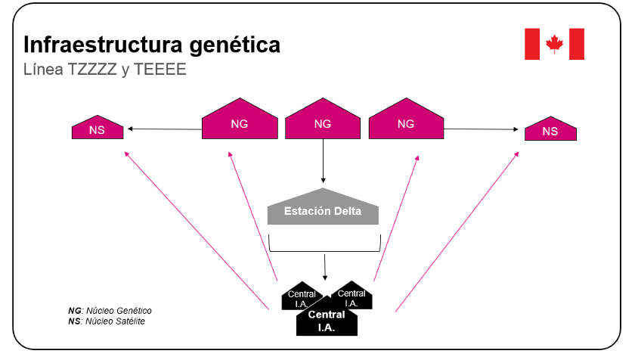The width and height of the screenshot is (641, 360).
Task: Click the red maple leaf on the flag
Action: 555,44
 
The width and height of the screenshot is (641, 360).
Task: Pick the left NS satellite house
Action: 98,129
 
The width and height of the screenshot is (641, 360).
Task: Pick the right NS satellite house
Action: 550,130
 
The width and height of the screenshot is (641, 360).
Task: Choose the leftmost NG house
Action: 239,122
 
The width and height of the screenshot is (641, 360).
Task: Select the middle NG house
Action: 322,122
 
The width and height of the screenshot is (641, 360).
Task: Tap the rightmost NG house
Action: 405,122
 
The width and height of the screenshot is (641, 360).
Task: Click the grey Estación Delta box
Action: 323,211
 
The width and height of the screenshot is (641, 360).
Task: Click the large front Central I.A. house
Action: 327,320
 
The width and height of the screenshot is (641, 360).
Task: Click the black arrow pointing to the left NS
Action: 165,129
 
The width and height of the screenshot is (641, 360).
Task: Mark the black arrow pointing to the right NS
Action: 484,130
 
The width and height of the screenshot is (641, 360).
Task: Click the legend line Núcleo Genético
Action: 110,310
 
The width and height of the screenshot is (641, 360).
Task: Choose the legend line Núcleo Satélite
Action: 107,321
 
